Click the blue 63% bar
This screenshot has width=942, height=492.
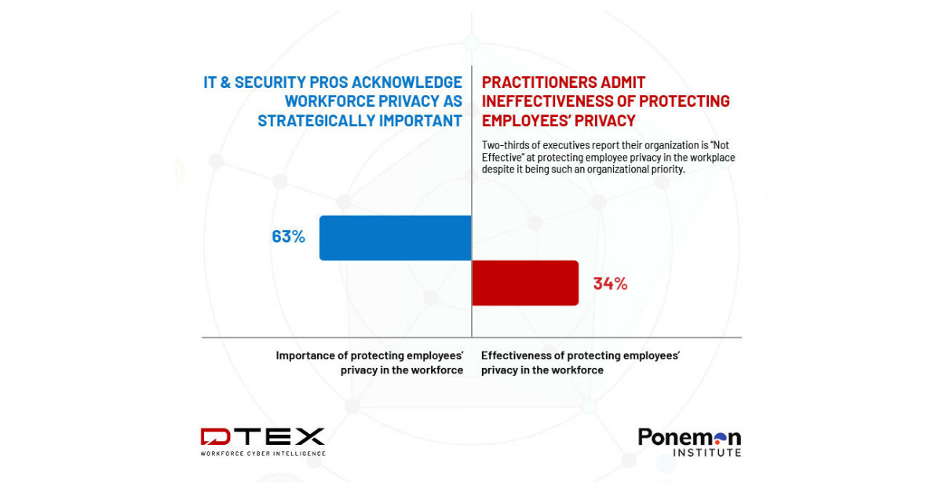click(x=395, y=238)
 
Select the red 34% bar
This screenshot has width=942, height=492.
click(x=524, y=282)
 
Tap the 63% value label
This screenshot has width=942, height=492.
click(x=288, y=236)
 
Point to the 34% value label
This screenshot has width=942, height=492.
click(x=610, y=283)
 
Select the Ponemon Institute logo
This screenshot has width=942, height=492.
click(x=689, y=441)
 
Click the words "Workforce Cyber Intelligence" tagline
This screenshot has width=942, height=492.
click(x=262, y=454)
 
